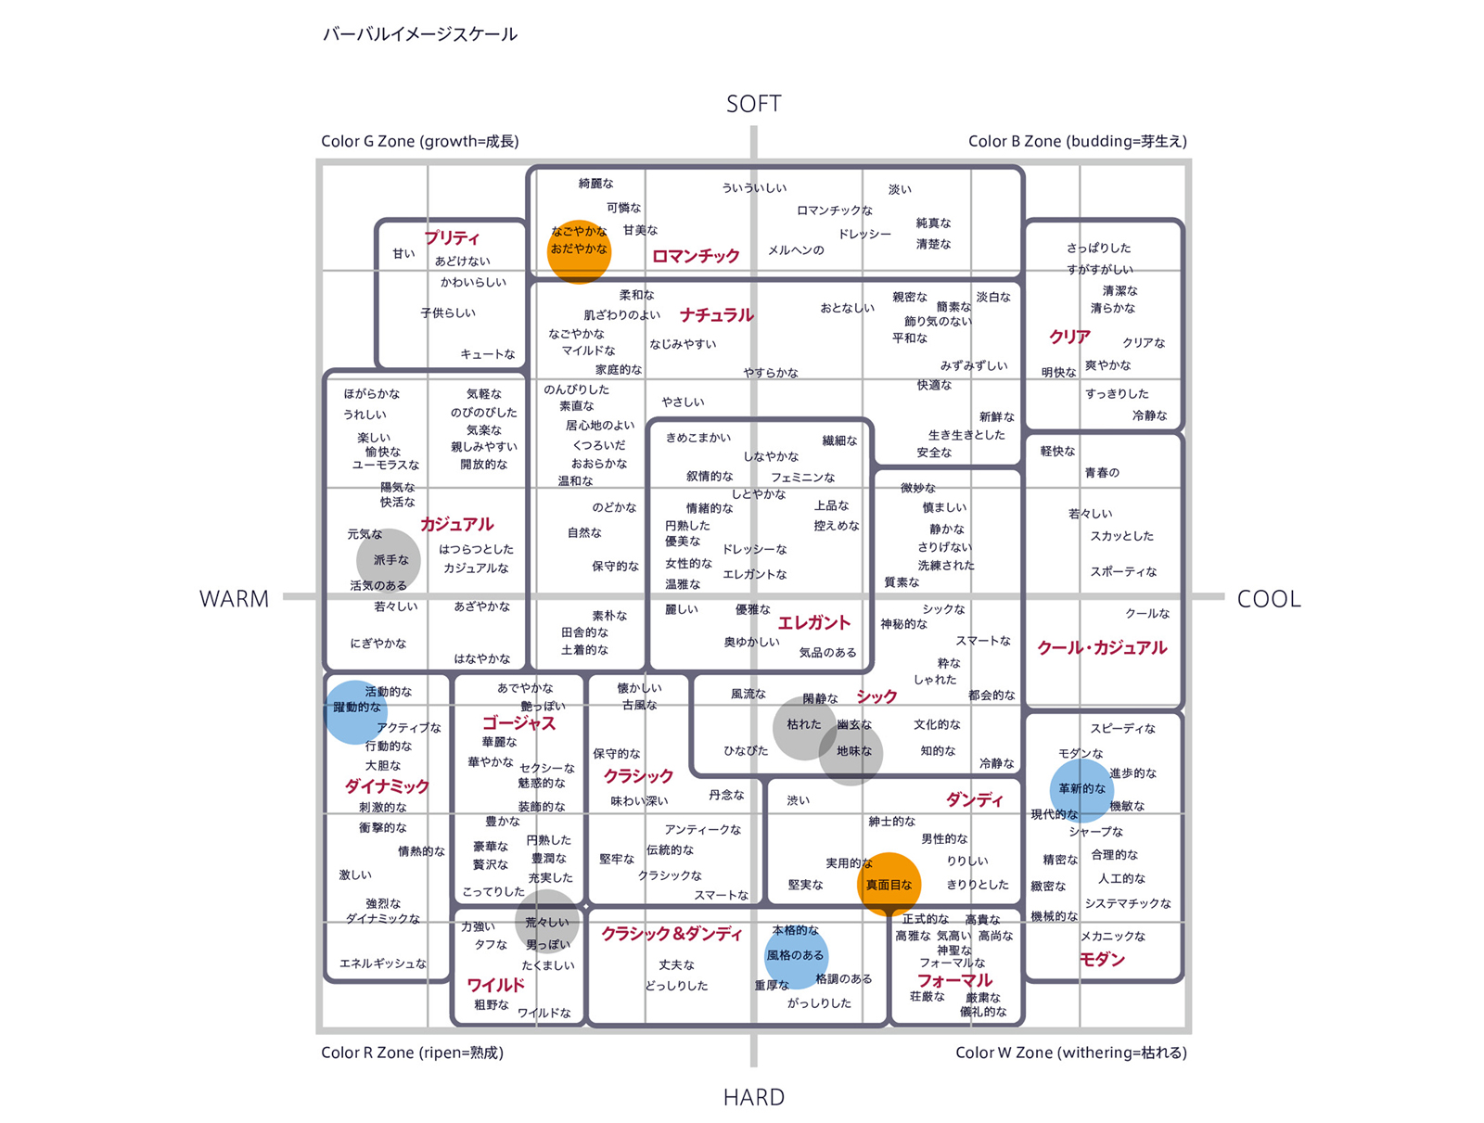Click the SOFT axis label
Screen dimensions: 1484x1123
pyautogui.click(x=753, y=103)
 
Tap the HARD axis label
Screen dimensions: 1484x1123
pyautogui.click(x=754, y=1097)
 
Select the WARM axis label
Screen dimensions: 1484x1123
pyautogui.click(x=234, y=599)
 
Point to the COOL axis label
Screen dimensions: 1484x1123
pyautogui.click(x=1268, y=599)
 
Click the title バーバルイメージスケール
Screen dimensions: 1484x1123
pyautogui.click(x=420, y=33)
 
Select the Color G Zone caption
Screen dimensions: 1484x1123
pyautogui.click(x=420, y=141)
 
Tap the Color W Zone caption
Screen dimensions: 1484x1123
pyautogui.click(x=1071, y=1052)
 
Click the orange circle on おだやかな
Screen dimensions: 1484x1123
pyautogui.click(x=579, y=251)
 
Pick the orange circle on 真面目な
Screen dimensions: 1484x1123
pyautogui.click(x=889, y=884)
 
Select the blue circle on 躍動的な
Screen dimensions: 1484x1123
pyautogui.click(x=355, y=712)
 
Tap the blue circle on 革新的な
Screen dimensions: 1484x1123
pyautogui.click(x=1081, y=790)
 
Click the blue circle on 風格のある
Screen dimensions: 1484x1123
pyautogui.click(x=796, y=956)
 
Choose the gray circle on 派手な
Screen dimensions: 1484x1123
pyautogui.click(x=388, y=560)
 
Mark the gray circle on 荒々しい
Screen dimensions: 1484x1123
pyautogui.click(x=547, y=922)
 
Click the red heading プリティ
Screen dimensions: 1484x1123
pyautogui.click(x=452, y=237)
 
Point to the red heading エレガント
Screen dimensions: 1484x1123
pyautogui.click(x=814, y=622)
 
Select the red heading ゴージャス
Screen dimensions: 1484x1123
pyautogui.click(x=518, y=723)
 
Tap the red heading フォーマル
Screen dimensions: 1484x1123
pyautogui.click(x=954, y=980)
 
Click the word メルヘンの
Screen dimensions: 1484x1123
pyautogui.click(x=796, y=250)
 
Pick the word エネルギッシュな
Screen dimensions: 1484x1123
pyautogui.click(x=383, y=963)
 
